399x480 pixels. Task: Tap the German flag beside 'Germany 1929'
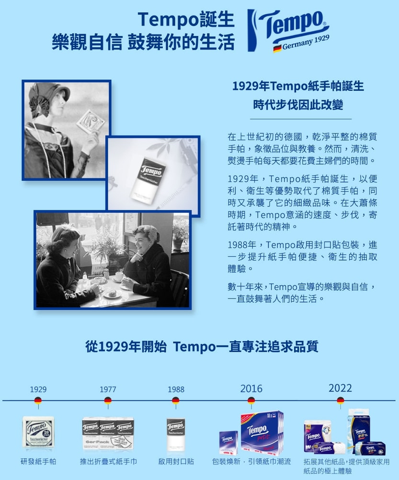coord(277,48)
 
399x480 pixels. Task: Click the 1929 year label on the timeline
coord(38,389)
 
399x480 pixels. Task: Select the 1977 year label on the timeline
coord(108,389)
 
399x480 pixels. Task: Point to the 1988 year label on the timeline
coord(176,389)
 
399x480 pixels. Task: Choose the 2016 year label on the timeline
coord(251,388)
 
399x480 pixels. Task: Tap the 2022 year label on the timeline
coord(340,388)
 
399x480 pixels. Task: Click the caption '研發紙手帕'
coord(38,461)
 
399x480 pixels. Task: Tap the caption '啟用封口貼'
coord(176,461)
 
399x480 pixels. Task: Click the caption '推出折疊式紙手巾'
coord(108,461)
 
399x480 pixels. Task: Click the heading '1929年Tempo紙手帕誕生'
coord(298,86)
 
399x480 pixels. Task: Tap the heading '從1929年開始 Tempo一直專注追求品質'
coord(202,346)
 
